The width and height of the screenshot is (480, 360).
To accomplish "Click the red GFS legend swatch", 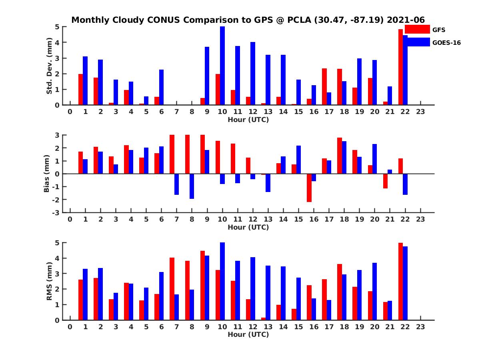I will (417, 29).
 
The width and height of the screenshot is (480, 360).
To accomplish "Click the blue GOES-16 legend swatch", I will (417, 42).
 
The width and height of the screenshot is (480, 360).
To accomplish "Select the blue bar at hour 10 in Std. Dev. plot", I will (222, 66).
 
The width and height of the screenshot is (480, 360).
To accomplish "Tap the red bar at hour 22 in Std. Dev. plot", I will (401, 67).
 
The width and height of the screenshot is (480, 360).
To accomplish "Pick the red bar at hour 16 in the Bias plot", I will (309, 188).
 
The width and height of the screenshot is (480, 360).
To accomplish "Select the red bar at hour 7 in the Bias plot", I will (172, 154).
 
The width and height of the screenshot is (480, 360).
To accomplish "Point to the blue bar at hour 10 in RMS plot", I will (222, 281).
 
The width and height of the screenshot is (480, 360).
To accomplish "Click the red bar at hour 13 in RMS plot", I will (264, 319).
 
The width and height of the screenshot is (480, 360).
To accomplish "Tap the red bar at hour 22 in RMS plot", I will (401, 282).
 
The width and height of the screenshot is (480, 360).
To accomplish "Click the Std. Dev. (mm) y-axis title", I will (50, 66).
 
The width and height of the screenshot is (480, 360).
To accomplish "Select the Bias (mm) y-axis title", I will (47, 174).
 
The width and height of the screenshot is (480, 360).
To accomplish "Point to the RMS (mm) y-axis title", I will (50, 281).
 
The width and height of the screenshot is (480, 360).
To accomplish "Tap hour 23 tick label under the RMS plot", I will (420, 327).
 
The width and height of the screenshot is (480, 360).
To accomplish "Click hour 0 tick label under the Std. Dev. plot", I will (70, 112).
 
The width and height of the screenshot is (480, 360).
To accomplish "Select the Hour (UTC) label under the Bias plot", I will (248, 227).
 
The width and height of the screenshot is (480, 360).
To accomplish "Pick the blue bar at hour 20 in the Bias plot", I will (375, 159).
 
